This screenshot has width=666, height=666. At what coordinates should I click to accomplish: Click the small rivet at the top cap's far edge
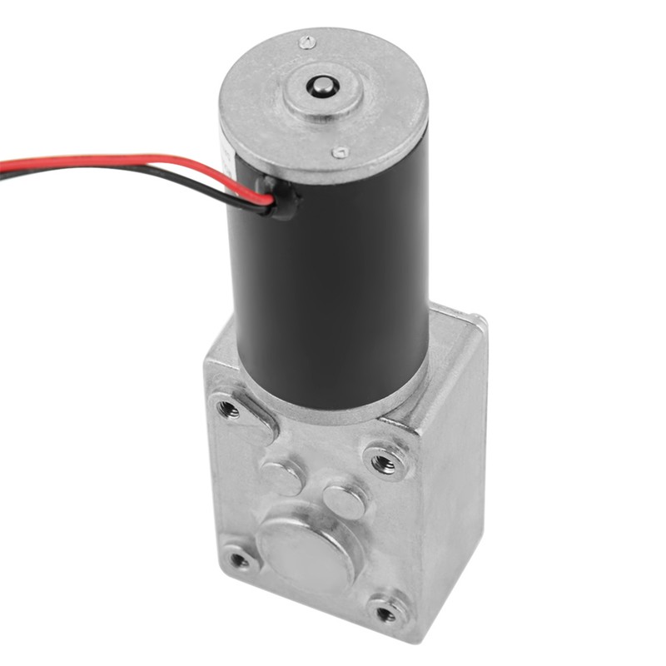click(306, 41)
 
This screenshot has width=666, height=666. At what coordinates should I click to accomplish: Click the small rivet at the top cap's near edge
click(339, 153)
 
